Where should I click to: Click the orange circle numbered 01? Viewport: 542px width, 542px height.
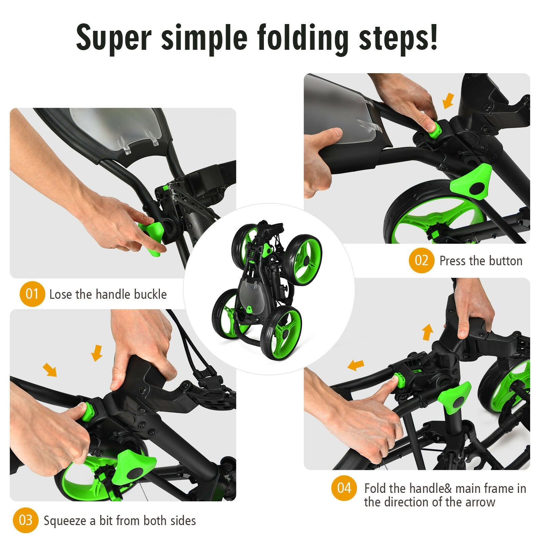pos(32,294)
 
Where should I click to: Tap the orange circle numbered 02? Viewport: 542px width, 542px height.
pos(421,260)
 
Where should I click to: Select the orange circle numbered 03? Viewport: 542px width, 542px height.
pos(26,520)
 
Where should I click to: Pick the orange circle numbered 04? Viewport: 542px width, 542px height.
pos(344,488)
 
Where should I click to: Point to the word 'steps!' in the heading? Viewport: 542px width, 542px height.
pos(398,38)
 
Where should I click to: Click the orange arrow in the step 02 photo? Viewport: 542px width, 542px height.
pos(448,101)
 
